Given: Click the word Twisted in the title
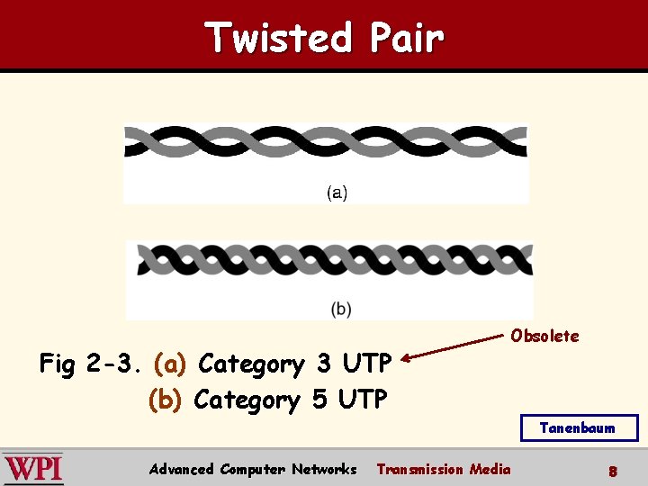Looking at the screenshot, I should pyautogui.click(x=278, y=38).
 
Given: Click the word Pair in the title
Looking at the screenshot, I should pyautogui.click(x=405, y=38).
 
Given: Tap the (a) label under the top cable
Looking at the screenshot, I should pyautogui.click(x=337, y=192).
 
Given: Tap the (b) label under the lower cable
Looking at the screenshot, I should pyautogui.click(x=341, y=309).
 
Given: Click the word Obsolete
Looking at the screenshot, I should pyautogui.click(x=544, y=336).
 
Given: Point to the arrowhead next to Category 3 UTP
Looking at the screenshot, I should pyautogui.click(x=407, y=358).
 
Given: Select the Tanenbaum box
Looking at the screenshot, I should pyautogui.click(x=579, y=427).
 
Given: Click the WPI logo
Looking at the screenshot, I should pyautogui.click(x=33, y=469).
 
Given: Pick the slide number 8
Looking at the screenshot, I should pyautogui.click(x=612, y=471).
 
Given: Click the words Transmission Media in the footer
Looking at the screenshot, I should pyautogui.click(x=443, y=469).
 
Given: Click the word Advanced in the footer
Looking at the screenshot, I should pyautogui.click(x=181, y=469).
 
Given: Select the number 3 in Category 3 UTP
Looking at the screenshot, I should pyautogui.click(x=323, y=364).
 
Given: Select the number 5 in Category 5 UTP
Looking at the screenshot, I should pyautogui.click(x=319, y=400).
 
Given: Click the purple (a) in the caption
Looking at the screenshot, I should pyautogui.click(x=170, y=364).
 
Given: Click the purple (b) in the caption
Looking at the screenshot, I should pyautogui.click(x=166, y=400).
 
